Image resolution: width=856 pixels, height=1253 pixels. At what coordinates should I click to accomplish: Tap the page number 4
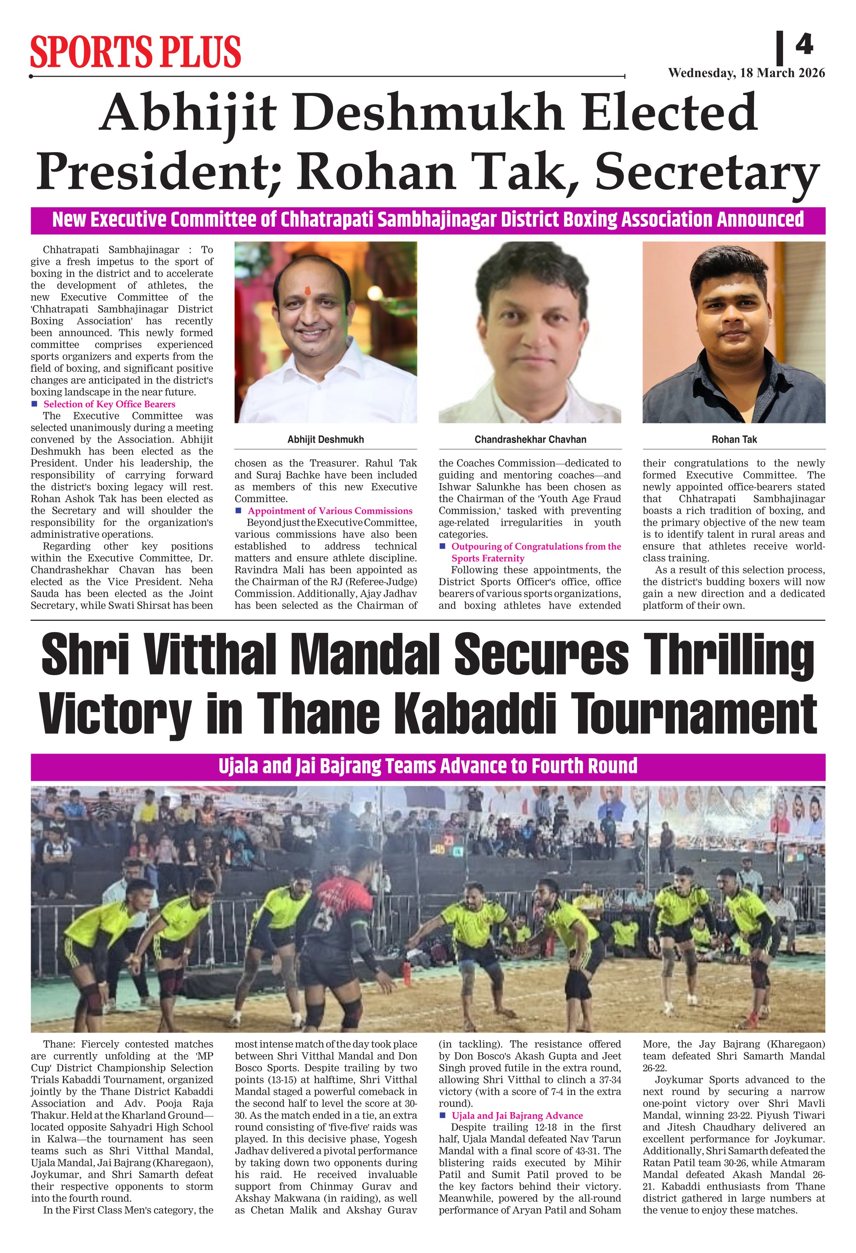tap(804, 44)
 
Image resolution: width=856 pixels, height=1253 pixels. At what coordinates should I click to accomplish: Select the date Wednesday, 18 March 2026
tap(746, 73)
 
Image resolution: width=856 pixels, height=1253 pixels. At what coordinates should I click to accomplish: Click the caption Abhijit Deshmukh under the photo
tap(325, 439)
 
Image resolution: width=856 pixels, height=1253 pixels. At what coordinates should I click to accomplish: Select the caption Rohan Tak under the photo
tap(734, 439)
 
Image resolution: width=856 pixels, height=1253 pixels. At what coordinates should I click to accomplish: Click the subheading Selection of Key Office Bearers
tap(109, 404)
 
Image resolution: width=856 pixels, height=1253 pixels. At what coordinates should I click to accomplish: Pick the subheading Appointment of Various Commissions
tap(330, 511)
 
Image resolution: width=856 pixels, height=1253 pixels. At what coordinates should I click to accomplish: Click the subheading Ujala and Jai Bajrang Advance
tap(517, 1116)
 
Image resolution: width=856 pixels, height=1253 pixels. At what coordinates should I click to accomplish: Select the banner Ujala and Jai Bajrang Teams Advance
tap(428, 766)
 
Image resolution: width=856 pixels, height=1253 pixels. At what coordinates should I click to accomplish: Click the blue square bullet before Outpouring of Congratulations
tap(442, 546)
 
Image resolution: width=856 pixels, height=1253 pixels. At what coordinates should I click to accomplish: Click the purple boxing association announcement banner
tap(428, 220)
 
